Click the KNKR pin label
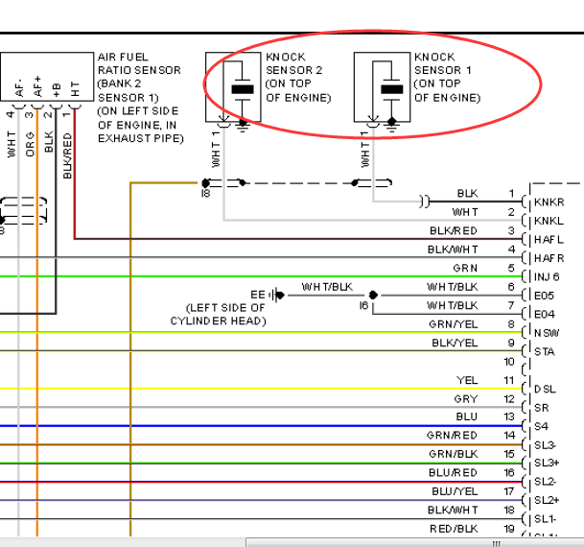(x=549, y=202)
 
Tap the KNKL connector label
(x=549, y=221)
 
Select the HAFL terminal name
(x=549, y=240)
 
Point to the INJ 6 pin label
(x=547, y=276)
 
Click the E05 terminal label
(x=544, y=296)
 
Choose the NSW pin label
(x=547, y=333)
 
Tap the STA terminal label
(x=544, y=351)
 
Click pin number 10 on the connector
(x=509, y=362)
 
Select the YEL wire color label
(x=467, y=380)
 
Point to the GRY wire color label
(x=465, y=398)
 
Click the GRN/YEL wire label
(x=454, y=324)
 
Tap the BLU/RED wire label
(x=453, y=472)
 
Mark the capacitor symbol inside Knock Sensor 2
(x=243, y=90)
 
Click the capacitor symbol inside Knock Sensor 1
(x=392, y=90)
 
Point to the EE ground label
(x=258, y=295)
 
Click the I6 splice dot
(x=373, y=296)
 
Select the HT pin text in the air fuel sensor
(x=75, y=89)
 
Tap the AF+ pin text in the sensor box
(x=37, y=86)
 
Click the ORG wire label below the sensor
(x=30, y=144)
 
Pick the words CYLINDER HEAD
(x=219, y=321)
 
